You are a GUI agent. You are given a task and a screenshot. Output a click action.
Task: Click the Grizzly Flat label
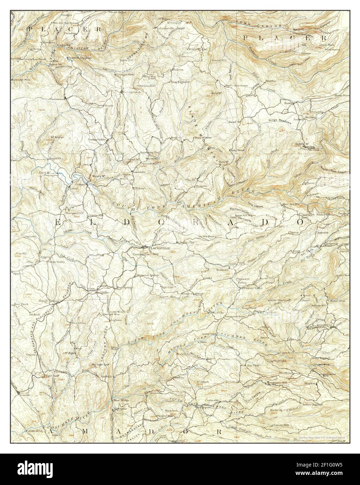point(327,325)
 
